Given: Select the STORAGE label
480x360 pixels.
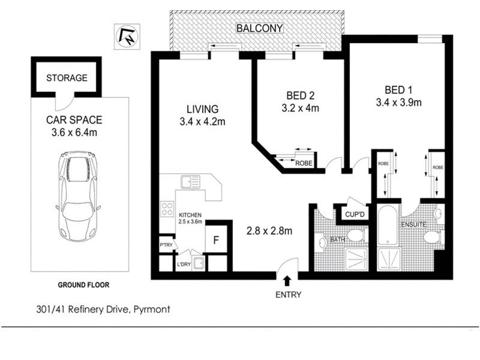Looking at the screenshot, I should click(x=67, y=78).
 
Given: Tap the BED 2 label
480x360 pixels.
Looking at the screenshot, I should click(x=300, y=95).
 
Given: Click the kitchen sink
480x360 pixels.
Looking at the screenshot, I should click(x=190, y=181).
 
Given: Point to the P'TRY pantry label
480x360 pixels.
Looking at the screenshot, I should click(x=166, y=245).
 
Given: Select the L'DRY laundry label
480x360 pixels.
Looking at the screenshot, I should click(x=183, y=264).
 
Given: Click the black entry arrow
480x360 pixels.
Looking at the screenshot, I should click(x=287, y=280).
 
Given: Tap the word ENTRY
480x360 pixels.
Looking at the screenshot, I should click(x=287, y=295).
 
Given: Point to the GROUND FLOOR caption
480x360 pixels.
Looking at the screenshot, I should click(x=83, y=285).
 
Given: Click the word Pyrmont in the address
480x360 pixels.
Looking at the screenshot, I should click(x=152, y=310).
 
